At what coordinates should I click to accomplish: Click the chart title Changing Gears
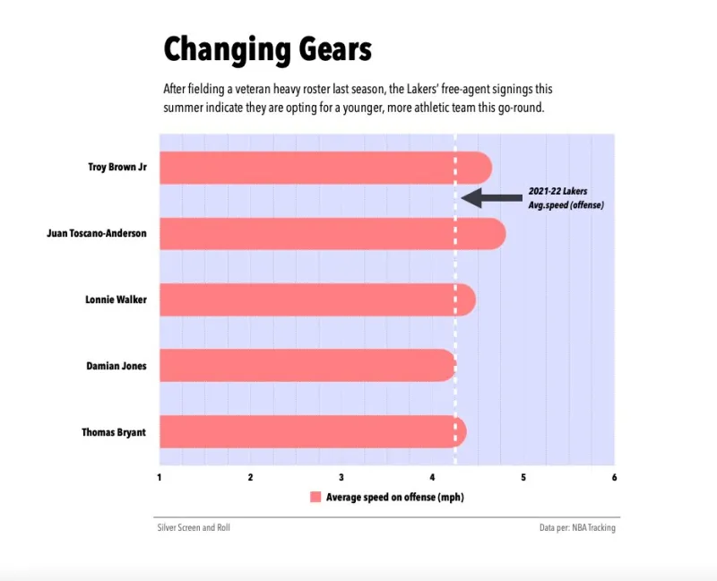click(x=267, y=49)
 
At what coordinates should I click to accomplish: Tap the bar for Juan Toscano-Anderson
click(x=332, y=234)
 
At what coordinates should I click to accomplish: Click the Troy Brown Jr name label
click(x=117, y=168)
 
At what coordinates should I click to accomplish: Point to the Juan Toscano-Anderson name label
click(x=97, y=234)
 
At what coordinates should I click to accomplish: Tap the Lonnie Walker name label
click(x=116, y=299)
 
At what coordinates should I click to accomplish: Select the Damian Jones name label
click(x=117, y=366)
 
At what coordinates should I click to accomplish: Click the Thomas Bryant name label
click(x=114, y=432)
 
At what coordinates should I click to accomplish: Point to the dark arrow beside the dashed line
click(x=490, y=198)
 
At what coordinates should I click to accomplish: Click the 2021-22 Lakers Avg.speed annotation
click(x=566, y=198)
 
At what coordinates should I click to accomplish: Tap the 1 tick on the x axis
click(x=160, y=476)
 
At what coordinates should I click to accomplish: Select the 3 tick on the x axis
click(x=341, y=476)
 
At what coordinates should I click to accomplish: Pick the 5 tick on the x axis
click(x=523, y=476)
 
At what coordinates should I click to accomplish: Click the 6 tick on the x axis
click(x=614, y=476)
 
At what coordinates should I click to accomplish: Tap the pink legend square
click(x=315, y=497)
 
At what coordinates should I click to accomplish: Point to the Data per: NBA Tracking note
click(x=577, y=528)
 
